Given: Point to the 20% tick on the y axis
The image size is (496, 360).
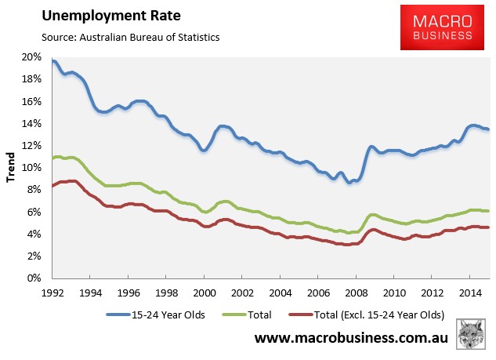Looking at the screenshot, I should coord(31,57).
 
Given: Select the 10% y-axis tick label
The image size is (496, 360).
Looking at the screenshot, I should coord(31,168).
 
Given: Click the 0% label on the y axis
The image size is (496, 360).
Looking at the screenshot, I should coord(34,278).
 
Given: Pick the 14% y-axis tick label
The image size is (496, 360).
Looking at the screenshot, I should coord(31,123).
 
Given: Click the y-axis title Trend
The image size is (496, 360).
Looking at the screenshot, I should coord(10,168).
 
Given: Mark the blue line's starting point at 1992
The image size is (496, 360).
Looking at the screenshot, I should coord(52,61).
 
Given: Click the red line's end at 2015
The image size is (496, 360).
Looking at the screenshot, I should coord(488,227).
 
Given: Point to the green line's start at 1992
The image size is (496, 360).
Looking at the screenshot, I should coord(52,158).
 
